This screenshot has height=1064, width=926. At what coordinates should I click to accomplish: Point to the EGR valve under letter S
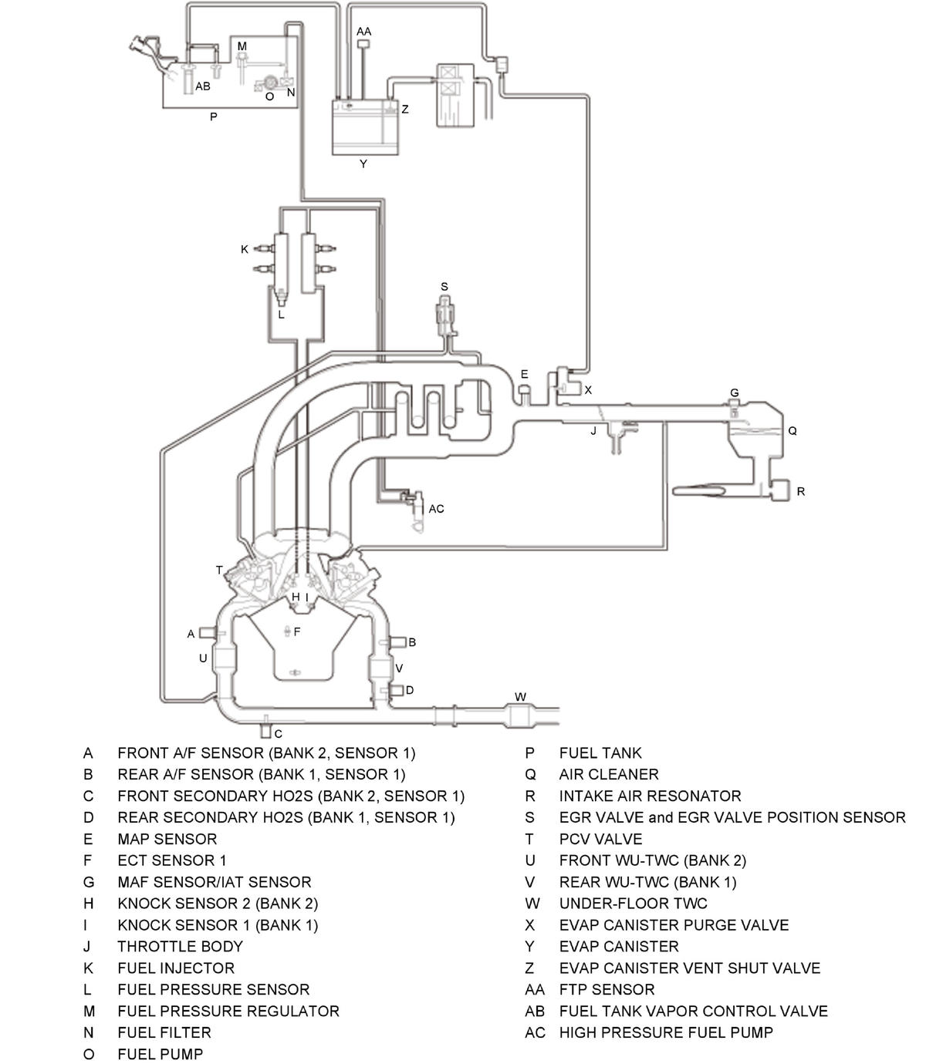[444, 316]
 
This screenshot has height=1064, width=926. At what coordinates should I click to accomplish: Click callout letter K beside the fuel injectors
[245, 249]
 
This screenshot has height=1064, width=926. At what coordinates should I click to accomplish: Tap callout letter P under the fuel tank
[214, 117]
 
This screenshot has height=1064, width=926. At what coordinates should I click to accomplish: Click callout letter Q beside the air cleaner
[793, 431]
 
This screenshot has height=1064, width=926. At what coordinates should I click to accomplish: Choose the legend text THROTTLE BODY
[180, 946]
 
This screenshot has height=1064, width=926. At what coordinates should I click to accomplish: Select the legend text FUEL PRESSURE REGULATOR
[228, 1011]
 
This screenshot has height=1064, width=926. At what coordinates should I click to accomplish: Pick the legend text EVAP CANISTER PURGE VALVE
[674, 924]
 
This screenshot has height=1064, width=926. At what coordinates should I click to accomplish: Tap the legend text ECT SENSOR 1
[171, 860]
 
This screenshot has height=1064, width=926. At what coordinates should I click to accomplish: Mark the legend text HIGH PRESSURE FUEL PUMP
[666, 1032]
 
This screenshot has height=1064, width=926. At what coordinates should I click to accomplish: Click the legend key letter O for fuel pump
[89, 1054]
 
